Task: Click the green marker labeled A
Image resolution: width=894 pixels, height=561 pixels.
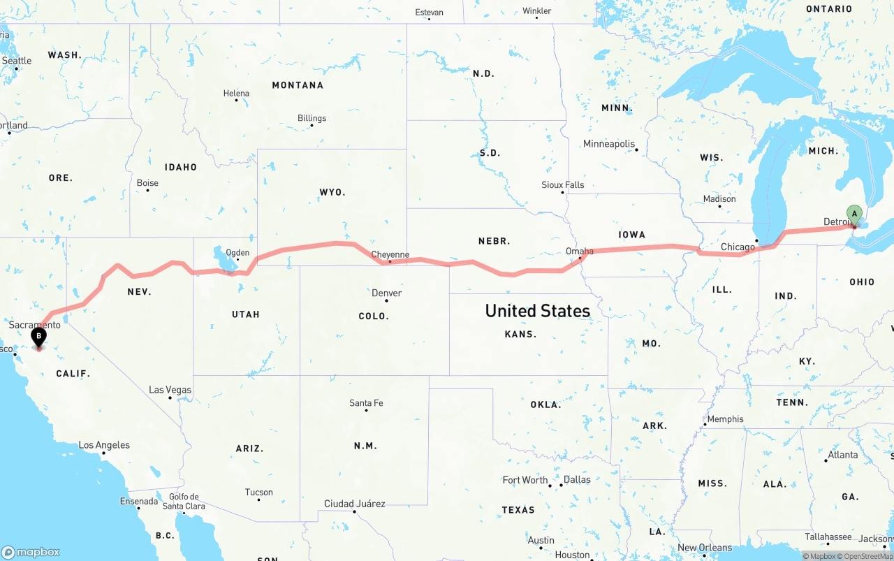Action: tap(853, 214)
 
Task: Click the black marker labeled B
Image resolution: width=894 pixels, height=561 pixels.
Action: tap(38, 337)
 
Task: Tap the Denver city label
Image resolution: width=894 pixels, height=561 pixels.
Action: tap(386, 293)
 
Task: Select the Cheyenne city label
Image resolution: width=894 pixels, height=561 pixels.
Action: tap(390, 254)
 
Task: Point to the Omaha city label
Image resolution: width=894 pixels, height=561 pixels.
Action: tap(579, 251)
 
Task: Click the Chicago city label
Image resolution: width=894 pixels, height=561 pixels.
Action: tap(738, 247)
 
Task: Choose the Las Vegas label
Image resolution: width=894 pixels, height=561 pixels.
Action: tap(170, 390)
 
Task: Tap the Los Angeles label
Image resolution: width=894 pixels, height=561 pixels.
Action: tap(104, 445)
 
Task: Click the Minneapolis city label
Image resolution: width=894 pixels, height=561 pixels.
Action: tap(609, 144)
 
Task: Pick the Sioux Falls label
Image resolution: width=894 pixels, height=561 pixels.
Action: tap(562, 185)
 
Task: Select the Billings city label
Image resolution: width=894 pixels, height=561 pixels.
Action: tap(312, 118)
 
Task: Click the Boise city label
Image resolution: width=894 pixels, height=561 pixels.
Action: tap(147, 183)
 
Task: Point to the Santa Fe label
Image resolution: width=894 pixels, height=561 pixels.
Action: tap(366, 403)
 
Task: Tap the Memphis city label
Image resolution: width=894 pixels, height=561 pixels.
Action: tap(725, 419)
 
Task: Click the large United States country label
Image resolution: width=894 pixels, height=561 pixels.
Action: tap(537, 311)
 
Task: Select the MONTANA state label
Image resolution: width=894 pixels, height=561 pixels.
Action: tap(298, 85)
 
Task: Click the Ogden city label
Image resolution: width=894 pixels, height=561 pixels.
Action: tap(237, 253)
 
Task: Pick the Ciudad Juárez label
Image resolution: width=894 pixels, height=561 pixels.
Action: tap(354, 504)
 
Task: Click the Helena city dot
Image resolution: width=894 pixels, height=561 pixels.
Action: tap(237, 101)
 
